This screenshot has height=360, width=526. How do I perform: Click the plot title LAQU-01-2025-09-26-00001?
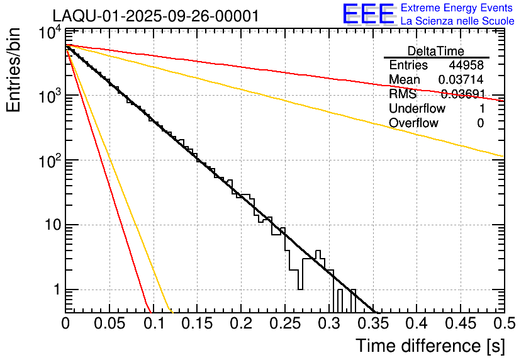pyautogui.click(x=155, y=16)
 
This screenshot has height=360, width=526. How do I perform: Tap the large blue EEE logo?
pyautogui.click(x=368, y=14)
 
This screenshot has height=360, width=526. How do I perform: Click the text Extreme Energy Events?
pyautogui.click(x=457, y=8)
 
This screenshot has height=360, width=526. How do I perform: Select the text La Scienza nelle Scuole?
pyautogui.click(x=457, y=21)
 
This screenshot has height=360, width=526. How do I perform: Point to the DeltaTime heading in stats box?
pyautogui.click(x=436, y=51)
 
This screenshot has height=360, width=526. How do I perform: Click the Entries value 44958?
pyautogui.click(x=466, y=65)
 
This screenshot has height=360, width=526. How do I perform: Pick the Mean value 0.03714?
pyautogui.click(x=461, y=80)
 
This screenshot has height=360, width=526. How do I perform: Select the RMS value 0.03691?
pyautogui.click(x=462, y=94)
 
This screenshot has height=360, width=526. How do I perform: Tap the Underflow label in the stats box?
pyautogui.click(x=417, y=108)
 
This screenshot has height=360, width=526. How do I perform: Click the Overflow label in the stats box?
pyautogui.click(x=413, y=123)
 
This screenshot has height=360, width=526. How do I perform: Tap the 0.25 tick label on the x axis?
pyautogui.click(x=284, y=323)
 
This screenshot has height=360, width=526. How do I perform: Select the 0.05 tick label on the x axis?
pyautogui.click(x=109, y=323)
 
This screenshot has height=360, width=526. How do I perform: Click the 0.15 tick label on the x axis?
pyautogui.click(x=196, y=323)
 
